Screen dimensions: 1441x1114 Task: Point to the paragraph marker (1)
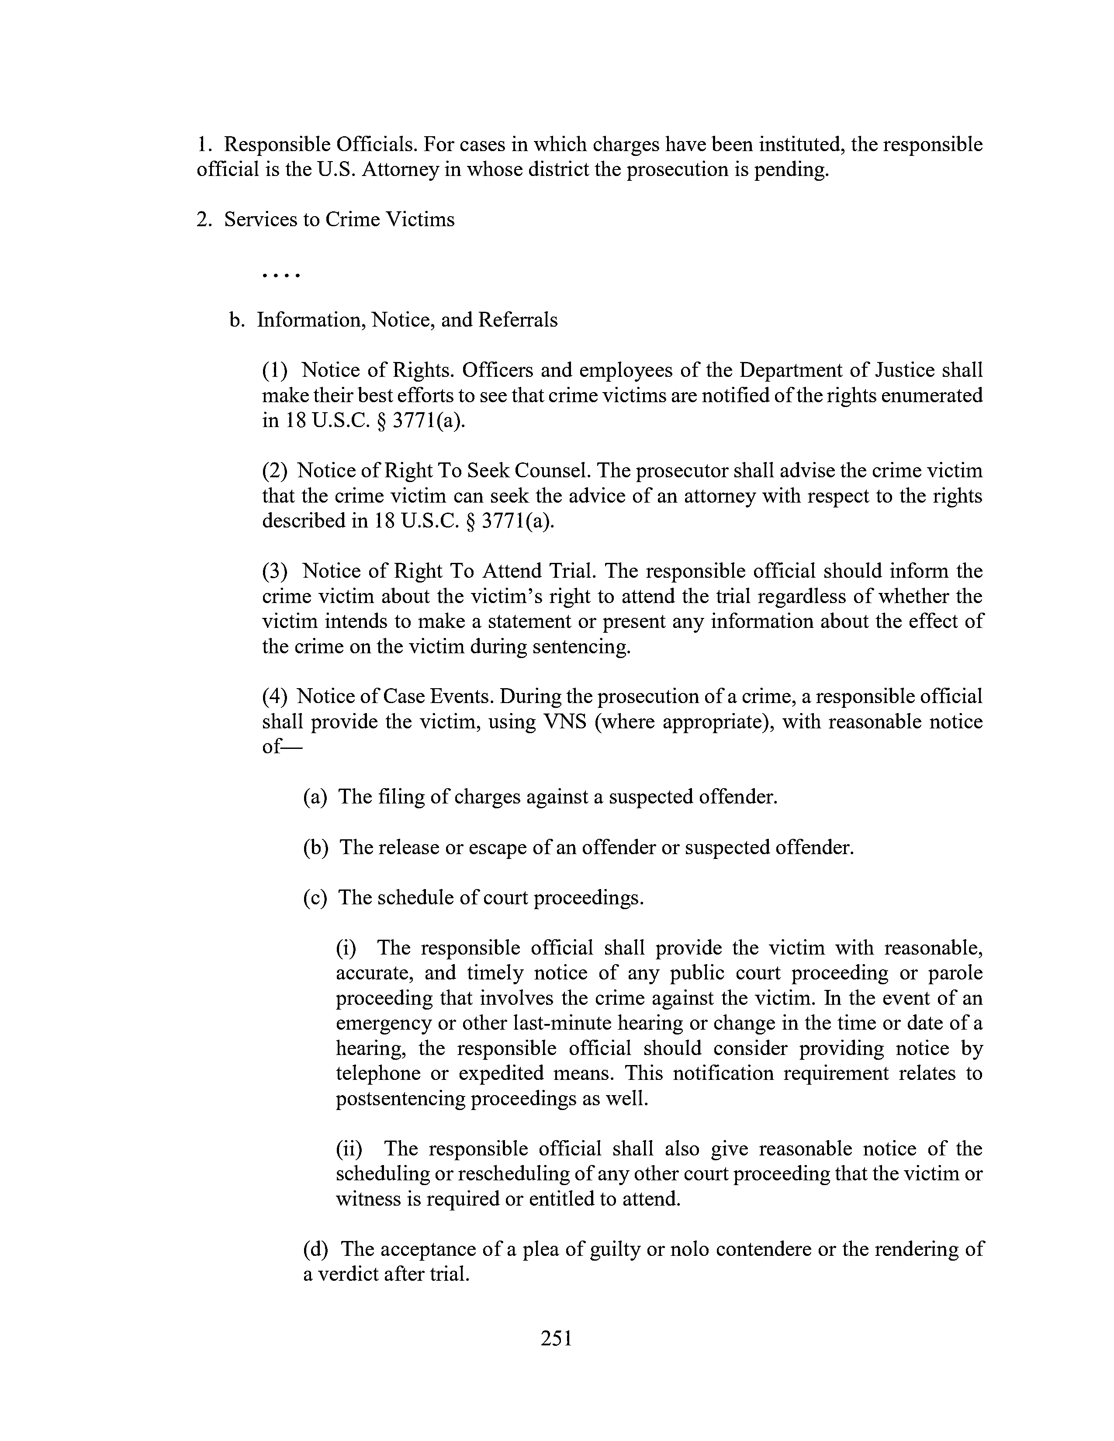(x=275, y=371)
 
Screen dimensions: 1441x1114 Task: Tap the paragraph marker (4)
(x=275, y=697)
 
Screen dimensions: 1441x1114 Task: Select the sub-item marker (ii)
(x=349, y=1149)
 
